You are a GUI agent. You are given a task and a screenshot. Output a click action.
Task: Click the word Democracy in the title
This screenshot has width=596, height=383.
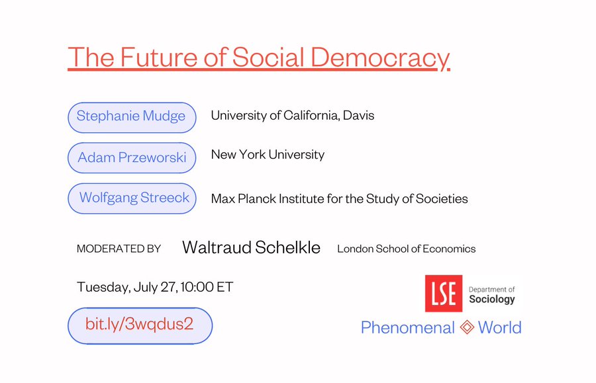click(380, 58)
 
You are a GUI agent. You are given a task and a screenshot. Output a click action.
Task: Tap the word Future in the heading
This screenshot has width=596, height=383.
click(159, 58)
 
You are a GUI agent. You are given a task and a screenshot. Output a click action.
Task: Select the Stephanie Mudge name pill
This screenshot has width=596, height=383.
click(132, 117)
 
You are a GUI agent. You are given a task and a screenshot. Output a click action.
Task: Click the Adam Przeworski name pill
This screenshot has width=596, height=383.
click(132, 157)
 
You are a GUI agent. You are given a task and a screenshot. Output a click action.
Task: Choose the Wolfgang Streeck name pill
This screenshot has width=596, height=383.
click(132, 198)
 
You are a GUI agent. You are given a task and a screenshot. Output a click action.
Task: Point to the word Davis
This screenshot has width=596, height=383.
click(358, 115)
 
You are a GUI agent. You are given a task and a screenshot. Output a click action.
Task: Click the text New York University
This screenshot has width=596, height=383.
click(268, 155)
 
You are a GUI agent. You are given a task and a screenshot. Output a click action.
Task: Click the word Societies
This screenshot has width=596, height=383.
click(442, 198)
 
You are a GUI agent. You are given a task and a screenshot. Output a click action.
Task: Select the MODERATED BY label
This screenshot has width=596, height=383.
click(119, 249)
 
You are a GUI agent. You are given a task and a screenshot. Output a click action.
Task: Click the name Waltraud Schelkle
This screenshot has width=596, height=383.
click(251, 247)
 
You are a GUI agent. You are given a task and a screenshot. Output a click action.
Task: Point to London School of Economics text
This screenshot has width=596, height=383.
click(407, 249)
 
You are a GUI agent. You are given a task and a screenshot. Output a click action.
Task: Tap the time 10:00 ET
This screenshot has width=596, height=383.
click(207, 286)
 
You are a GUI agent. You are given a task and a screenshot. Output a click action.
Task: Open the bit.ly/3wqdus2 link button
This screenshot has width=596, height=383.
click(140, 325)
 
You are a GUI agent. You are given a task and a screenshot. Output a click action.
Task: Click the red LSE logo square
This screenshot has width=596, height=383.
click(444, 294)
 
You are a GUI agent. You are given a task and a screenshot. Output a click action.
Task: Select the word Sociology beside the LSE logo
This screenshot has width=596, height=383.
click(492, 299)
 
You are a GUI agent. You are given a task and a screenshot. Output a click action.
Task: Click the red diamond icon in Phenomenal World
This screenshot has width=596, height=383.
click(467, 327)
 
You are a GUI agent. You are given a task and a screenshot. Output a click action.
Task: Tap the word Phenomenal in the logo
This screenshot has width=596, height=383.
click(407, 327)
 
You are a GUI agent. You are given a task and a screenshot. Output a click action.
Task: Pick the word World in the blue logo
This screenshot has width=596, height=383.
click(499, 327)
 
